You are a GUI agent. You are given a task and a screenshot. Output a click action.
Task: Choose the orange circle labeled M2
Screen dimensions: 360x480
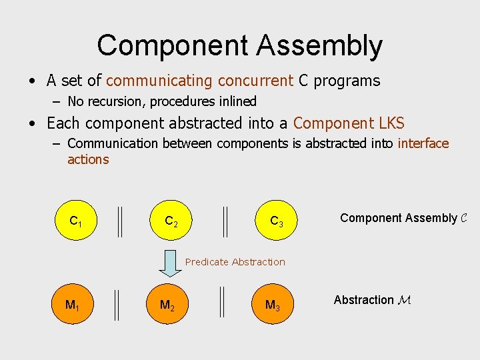click(167, 305)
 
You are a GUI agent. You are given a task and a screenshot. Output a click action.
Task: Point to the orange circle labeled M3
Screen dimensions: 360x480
click(272, 305)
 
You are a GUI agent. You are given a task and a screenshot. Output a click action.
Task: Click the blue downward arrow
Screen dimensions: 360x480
click(170, 263)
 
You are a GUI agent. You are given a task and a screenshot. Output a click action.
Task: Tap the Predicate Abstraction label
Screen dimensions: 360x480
click(235, 262)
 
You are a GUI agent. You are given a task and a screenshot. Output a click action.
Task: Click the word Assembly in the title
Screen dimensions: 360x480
click(319, 47)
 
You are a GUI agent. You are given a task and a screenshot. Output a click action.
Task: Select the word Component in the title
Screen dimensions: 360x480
click(171, 47)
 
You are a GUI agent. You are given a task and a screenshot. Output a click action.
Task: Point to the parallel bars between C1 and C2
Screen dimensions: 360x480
click(119, 221)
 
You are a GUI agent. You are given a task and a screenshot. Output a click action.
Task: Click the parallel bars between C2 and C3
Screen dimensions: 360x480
click(225, 221)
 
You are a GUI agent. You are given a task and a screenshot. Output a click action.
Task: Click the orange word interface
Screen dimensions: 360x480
click(423, 143)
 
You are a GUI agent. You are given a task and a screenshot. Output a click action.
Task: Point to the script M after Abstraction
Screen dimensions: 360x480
click(404, 300)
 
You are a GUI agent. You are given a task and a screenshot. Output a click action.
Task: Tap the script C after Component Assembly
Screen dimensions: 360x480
click(464, 218)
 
